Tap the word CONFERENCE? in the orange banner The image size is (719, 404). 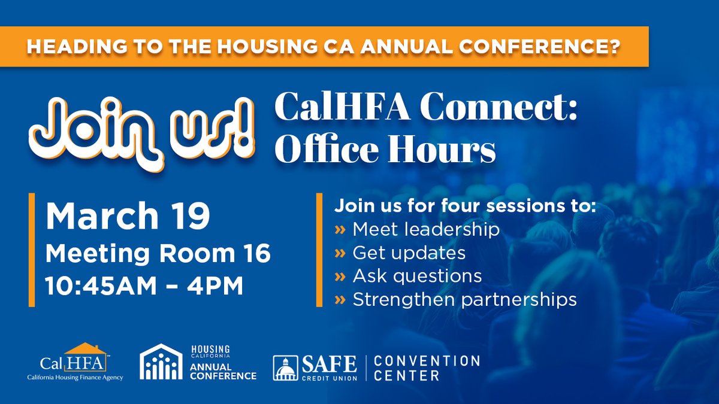pos(552,46)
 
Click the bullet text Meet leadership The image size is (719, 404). pos(426,229)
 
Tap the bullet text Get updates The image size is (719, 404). pos(409,253)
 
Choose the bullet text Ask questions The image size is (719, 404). pos(417,276)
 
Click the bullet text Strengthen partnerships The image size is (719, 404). pos(464,299)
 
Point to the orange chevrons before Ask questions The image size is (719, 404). pos(340,276)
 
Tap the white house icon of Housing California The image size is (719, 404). pos(161,362)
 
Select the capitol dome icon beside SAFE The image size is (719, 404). pos(285,367)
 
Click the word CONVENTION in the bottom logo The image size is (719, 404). pos(427,362)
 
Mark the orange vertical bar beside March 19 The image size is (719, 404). pos(31,250)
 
